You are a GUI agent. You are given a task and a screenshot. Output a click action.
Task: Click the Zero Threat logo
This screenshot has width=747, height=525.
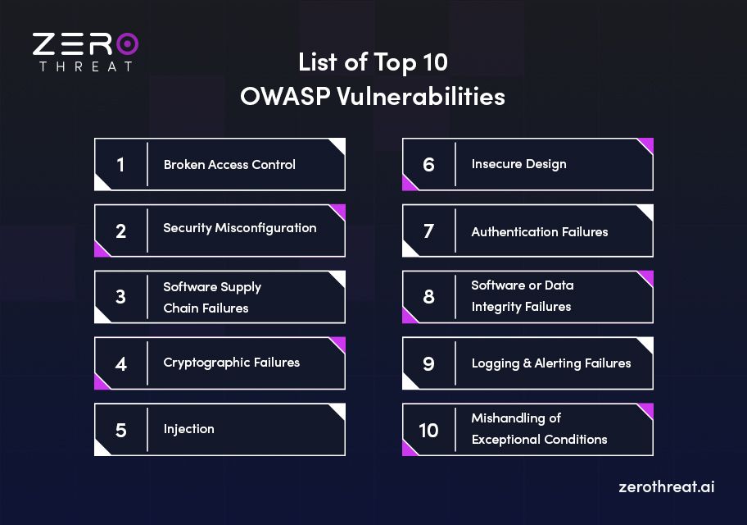tap(85, 51)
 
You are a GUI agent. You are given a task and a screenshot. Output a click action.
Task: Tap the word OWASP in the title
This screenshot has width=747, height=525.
tap(281, 97)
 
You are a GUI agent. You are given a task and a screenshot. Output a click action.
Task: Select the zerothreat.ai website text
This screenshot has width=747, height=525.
tap(667, 486)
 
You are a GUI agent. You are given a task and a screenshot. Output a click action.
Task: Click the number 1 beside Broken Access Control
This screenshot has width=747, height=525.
tap(120, 165)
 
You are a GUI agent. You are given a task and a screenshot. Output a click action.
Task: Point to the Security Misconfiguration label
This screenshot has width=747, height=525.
tap(239, 228)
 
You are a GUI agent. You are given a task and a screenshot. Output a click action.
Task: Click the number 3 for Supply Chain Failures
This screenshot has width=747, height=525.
tap(120, 297)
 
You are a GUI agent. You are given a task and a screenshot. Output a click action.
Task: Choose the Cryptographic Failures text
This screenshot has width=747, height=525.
tap(231, 362)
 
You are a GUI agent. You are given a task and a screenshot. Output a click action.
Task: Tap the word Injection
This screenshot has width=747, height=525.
tap(188, 429)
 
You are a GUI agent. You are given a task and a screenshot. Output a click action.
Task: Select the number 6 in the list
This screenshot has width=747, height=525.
tap(428, 165)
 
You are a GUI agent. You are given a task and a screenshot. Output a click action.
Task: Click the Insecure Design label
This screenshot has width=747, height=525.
tap(518, 164)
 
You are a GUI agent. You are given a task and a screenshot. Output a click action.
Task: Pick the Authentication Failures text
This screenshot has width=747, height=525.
tap(539, 232)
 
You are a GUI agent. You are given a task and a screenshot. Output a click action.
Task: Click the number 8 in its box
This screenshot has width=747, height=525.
tap(428, 297)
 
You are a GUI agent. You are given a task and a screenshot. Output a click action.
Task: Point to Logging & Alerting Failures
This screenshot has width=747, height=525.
tap(550, 363)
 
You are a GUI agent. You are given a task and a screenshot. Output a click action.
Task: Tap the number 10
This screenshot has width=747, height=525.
tap(428, 430)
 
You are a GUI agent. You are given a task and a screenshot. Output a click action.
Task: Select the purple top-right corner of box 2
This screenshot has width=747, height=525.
tap(339, 211)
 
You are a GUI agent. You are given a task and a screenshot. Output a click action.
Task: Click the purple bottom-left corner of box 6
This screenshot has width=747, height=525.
tap(408, 184)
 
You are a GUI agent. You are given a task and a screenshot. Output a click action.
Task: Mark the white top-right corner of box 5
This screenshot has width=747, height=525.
tap(338, 409)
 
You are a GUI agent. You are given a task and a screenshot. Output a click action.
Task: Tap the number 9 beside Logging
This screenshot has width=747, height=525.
tap(428, 363)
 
